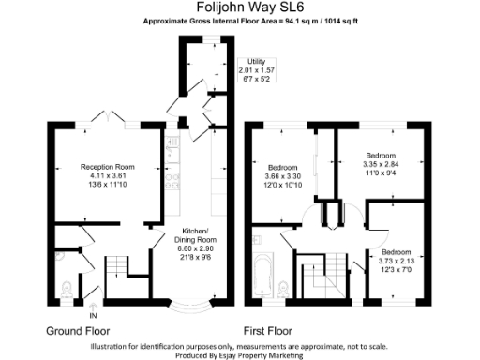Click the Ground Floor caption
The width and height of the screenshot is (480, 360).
coord(78,331)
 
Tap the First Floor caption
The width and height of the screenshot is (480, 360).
coord(268,331)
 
